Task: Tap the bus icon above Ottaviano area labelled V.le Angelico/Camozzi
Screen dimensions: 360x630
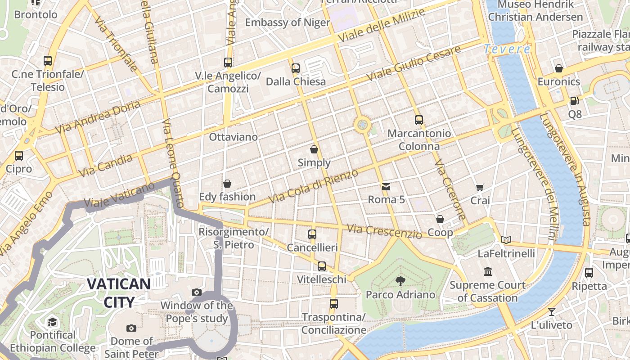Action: pos(228,63)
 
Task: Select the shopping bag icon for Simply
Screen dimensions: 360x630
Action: pos(314,149)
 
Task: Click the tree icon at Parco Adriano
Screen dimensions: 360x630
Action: pos(400,281)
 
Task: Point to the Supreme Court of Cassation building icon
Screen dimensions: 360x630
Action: pos(488,272)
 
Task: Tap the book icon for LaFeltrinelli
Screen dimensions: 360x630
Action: pos(506,240)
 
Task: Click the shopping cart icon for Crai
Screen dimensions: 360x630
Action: pos(480,187)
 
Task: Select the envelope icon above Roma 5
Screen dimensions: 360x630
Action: pos(386,186)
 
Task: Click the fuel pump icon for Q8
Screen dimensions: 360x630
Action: pos(575,101)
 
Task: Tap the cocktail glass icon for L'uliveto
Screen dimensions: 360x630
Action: pos(552,311)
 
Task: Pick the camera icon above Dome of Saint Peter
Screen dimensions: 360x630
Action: pos(131,328)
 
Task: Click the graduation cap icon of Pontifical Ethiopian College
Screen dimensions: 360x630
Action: pos(53,322)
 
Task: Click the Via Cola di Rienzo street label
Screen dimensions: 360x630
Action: pos(314,186)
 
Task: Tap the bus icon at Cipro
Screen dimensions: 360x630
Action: pos(19,156)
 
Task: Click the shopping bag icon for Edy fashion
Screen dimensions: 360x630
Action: pos(227,184)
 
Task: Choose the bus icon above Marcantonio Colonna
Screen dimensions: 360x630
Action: pos(419,120)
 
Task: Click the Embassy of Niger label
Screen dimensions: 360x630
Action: pos(288,22)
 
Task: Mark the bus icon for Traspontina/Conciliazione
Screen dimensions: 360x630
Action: pos(333,304)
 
